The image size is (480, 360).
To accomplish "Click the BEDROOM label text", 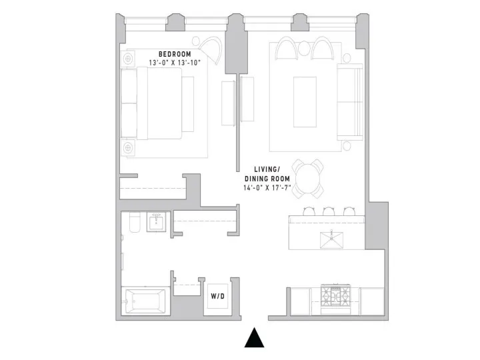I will [x=175, y=54].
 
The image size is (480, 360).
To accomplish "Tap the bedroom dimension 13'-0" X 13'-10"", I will [x=175, y=63].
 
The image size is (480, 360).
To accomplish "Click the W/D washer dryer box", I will [x=217, y=296].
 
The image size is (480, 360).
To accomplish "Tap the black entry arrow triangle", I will [x=254, y=338].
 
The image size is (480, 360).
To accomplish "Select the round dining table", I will [x=309, y=177].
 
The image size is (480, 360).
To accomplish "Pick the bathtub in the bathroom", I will [x=146, y=302].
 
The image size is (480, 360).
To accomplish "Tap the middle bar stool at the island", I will [x=329, y=211].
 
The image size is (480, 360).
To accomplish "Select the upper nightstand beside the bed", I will [x=129, y=57].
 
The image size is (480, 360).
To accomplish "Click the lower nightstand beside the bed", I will [x=129, y=148].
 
